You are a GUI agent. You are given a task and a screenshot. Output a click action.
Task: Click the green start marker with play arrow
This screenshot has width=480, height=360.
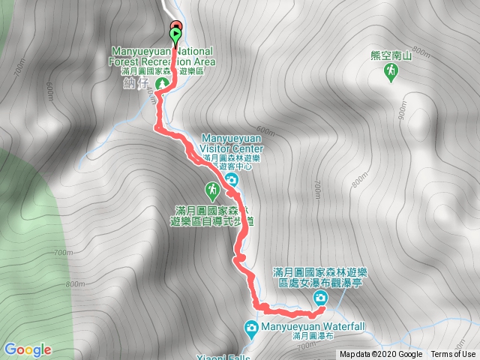point(176,34)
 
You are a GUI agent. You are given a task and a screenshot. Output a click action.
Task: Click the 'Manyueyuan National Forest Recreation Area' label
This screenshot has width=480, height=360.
point(162,57)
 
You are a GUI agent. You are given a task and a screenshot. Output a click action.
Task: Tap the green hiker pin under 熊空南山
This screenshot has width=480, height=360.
point(391,72)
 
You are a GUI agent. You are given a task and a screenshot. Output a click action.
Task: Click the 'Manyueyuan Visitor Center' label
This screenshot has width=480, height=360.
point(232,142)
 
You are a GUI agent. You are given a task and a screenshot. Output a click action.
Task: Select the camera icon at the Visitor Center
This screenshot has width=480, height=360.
point(232,180)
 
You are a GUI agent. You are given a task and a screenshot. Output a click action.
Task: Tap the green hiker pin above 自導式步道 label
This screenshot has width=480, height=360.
point(212,189)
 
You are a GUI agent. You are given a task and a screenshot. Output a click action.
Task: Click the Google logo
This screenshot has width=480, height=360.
point(28,349)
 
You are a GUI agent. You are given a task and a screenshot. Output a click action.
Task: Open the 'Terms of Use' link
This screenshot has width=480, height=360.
point(453,354)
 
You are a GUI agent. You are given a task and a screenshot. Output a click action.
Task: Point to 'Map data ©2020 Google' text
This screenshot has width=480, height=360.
point(380,354)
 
